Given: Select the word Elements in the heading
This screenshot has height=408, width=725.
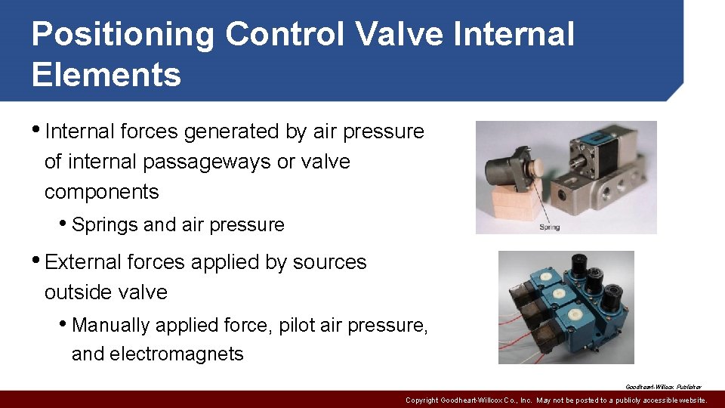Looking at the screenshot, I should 106,75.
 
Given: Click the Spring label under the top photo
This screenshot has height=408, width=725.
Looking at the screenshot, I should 549,227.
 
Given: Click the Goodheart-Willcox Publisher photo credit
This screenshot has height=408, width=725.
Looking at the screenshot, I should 663,386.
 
